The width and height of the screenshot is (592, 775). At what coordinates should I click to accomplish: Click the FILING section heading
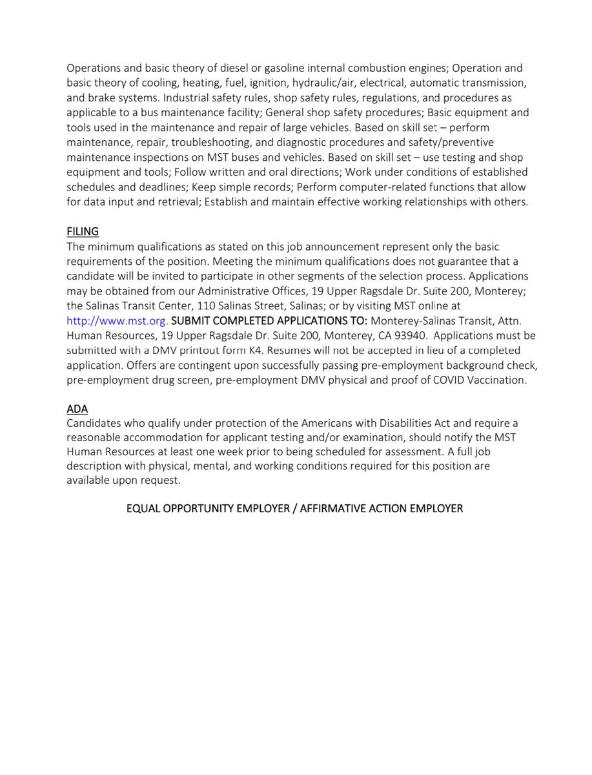[82, 231]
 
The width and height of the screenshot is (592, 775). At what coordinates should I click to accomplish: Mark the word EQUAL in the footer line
[142, 508]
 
